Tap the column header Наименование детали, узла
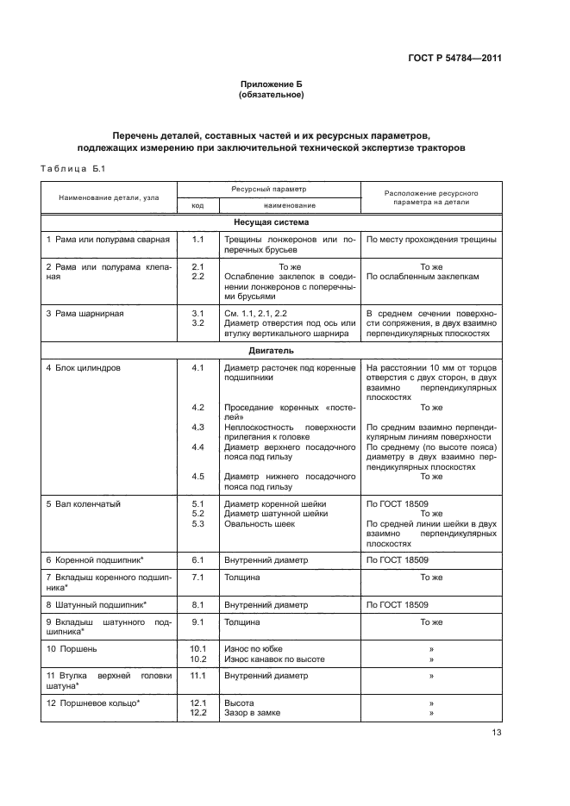[x=109, y=198]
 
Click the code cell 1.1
[x=197, y=239]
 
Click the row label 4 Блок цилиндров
[x=84, y=368]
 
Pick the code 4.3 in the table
[x=197, y=427]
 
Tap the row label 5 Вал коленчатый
[x=83, y=503]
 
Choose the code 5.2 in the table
[x=197, y=513]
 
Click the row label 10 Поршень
[x=72, y=647]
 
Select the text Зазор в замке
[x=252, y=713]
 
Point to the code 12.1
[x=197, y=703]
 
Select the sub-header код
[x=197, y=206]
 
